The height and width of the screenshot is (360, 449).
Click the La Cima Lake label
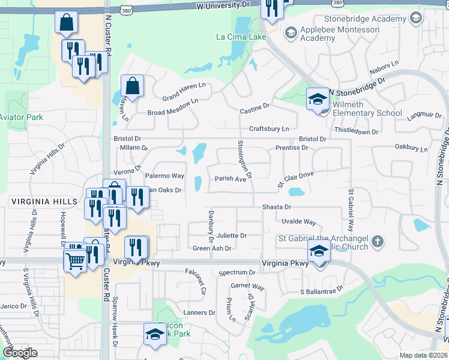[241, 37]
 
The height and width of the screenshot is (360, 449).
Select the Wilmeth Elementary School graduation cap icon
[318, 99]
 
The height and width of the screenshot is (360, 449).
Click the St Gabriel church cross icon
[377, 242]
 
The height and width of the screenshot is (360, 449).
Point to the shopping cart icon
[75, 260]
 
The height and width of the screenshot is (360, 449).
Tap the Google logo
[20, 353]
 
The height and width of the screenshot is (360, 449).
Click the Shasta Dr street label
[276, 207]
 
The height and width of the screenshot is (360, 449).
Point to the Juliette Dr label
[232, 236]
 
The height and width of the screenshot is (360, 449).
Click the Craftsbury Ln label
[270, 129]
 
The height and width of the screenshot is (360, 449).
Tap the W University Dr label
[222, 4]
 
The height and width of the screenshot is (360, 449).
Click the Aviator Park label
[21, 117]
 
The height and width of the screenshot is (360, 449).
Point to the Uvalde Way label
[298, 222]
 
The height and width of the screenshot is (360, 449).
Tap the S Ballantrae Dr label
[321, 290]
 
